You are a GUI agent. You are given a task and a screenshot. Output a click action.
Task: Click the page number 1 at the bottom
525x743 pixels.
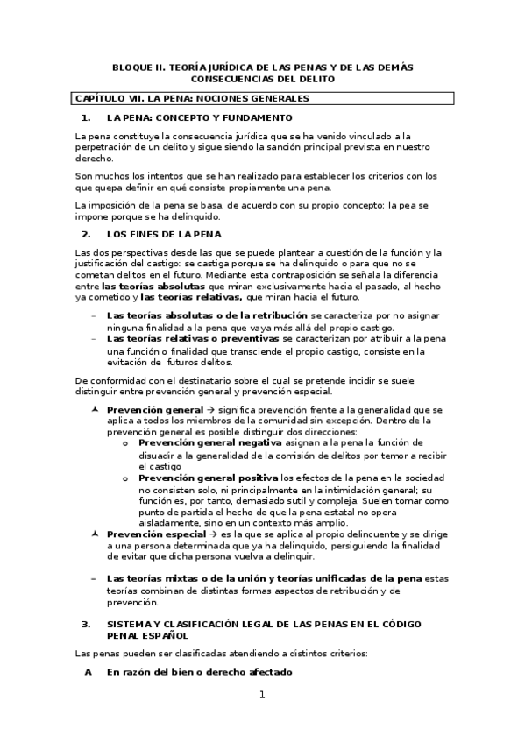click(x=261, y=695)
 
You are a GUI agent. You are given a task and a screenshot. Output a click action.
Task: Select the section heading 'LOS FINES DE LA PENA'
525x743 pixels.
click(x=164, y=234)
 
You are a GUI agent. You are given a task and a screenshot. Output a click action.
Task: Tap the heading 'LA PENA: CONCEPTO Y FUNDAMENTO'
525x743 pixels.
click(x=199, y=117)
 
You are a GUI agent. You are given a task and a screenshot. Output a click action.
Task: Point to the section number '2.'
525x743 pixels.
click(x=86, y=234)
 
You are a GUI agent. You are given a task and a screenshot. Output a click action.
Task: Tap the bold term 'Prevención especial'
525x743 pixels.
click(x=156, y=534)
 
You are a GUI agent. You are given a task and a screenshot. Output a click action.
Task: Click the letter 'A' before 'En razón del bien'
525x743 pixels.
click(x=87, y=671)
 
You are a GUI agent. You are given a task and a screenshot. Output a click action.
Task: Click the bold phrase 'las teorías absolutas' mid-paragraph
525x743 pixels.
click(x=153, y=286)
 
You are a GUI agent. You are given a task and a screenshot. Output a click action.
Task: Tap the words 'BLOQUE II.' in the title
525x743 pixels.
click(x=138, y=67)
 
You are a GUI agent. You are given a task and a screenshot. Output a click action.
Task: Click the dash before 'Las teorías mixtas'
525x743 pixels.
click(x=94, y=578)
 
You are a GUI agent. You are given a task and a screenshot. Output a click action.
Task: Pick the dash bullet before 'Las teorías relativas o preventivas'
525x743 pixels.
click(x=94, y=337)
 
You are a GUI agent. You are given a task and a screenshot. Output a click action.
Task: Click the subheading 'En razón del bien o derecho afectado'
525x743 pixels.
click(x=200, y=671)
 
